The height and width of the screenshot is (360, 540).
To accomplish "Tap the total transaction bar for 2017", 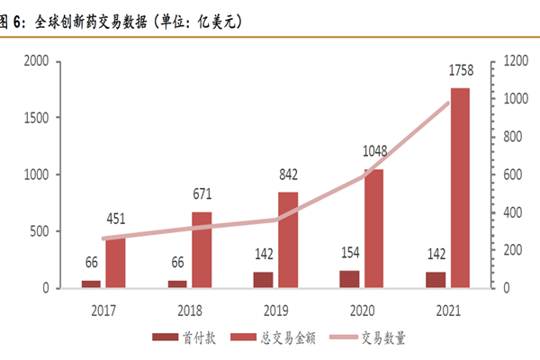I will click(114, 262).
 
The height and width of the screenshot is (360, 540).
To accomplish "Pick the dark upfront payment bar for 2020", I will click(350, 279).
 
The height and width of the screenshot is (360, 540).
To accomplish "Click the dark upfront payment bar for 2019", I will click(264, 280).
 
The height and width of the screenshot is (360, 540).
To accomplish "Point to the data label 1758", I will click(459, 70).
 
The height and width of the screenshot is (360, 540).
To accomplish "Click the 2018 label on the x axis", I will click(189, 310).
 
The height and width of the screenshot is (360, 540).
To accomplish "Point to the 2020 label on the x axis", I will click(362, 310).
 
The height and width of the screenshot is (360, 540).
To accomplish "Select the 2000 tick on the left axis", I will click(36, 61).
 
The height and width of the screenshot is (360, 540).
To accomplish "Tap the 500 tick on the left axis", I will click(40, 231).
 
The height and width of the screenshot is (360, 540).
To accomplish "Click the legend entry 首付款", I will click(184, 338).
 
